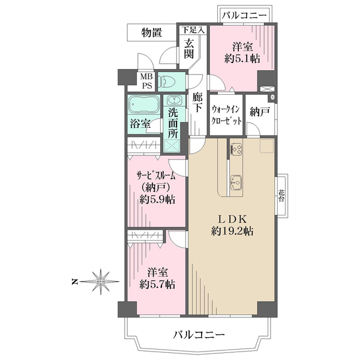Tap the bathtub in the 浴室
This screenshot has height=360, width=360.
click(x=144, y=104)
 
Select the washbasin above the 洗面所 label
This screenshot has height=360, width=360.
click(x=174, y=101)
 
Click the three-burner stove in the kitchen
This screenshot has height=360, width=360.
click(x=236, y=149)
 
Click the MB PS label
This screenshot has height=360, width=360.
click(x=146, y=81)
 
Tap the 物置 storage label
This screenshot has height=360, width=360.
click(x=152, y=32)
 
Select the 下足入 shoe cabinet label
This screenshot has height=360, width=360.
click(x=193, y=30)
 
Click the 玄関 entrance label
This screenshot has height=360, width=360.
click(x=189, y=49)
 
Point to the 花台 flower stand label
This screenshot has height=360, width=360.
click(x=281, y=196)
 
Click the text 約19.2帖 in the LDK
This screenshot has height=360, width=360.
click(x=232, y=231)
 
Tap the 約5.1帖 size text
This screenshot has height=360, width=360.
click(x=242, y=59)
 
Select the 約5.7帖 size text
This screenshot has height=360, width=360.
click(x=157, y=284)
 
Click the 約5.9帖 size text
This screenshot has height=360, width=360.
click(x=157, y=200)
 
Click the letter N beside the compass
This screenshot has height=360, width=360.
click(x=74, y=281)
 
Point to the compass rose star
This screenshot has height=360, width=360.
click(x=101, y=281)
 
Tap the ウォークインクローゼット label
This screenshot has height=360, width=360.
click(x=226, y=115)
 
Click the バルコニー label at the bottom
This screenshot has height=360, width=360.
click(x=199, y=335)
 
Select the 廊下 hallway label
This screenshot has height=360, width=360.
click(x=197, y=103)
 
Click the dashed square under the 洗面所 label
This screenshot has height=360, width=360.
click(x=172, y=146)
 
